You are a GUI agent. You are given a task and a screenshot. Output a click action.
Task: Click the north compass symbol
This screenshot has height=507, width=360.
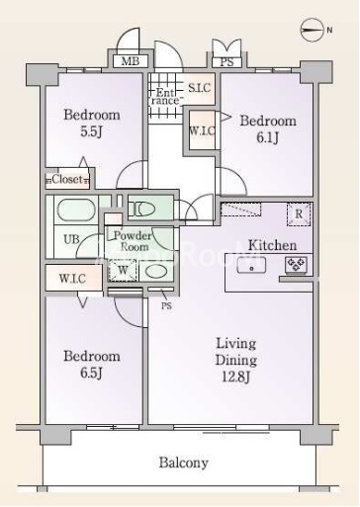tap(312, 30)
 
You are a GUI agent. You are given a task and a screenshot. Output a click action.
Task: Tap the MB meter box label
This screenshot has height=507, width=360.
tap(131, 61)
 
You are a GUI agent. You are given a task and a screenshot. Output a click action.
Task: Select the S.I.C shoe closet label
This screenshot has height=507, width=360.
tap(199, 88)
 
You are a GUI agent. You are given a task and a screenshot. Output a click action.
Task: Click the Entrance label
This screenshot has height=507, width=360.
tap(165, 97)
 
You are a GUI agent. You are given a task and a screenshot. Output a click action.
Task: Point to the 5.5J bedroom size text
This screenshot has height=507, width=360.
tap(91, 131)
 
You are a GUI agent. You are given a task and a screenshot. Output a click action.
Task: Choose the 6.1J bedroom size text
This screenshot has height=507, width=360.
tap(268, 137)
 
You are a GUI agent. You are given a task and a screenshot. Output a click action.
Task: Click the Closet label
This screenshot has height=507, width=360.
tap(67, 179)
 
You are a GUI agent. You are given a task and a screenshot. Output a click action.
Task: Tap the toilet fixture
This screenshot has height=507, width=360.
tap(141, 209)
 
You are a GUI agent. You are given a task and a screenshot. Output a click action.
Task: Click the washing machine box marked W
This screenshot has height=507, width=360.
tap(123, 270)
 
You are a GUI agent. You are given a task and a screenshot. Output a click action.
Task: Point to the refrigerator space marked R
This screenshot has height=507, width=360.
tap(299, 214)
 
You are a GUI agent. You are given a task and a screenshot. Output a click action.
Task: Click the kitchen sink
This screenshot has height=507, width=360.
tap(251, 265)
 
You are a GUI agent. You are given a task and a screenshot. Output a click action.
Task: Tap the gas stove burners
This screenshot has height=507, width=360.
tap(297, 265)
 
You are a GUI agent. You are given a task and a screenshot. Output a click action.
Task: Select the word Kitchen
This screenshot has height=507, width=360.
tap(272, 245)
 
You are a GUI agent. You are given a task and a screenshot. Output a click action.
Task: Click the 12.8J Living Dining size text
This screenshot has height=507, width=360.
tap(235, 377)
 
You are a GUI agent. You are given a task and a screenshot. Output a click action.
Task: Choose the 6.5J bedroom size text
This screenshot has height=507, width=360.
tap(91, 373)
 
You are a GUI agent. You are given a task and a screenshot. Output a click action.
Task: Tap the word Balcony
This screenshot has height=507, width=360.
tap(184, 463)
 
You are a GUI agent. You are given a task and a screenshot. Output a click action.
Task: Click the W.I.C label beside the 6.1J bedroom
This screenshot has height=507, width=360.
tap(202, 130)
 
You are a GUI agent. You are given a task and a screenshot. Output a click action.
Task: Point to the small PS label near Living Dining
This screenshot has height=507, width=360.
tap(166, 306)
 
